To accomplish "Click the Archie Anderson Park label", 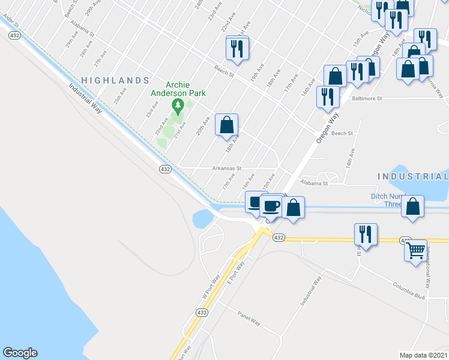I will tap(178, 89).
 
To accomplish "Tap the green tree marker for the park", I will tap(177, 106).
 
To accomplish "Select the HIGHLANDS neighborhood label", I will tap(115, 80).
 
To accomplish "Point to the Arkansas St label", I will tap(226, 169).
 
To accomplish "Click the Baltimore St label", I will tap(367, 98).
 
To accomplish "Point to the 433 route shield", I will tap(201, 313).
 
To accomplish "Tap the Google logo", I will tap(20, 353).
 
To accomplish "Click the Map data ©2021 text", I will tap(423, 355).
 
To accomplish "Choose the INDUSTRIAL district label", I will tap(413, 176).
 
